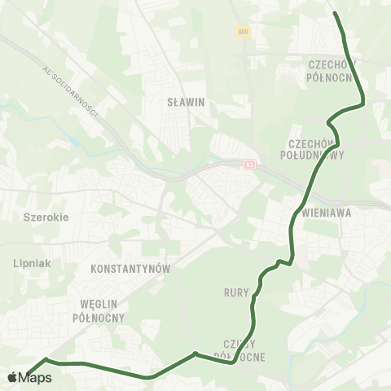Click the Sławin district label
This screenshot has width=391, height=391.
(x=185, y=103)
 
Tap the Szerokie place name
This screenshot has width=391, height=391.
(x=46, y=217)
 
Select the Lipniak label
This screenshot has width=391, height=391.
(x=33, y=263)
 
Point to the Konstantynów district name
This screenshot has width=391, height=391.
(x=130, y=268)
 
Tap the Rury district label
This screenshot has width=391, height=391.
(x=230, y=291)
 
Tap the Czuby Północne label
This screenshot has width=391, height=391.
(x=239, y=350)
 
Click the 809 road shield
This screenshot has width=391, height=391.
(x=243, y=32)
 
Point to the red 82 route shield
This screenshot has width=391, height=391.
(x=249, y=165)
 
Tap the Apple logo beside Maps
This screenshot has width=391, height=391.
(x=13, y=377)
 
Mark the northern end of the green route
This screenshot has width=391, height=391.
(x=336, y=13)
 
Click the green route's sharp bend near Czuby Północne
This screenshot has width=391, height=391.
(x=195, y=354)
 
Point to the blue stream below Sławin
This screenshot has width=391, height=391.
(x=163, y=173)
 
